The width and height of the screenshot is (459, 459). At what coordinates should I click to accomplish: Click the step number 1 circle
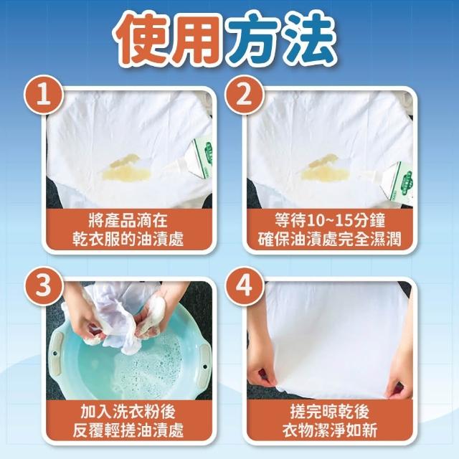tap(44, 95)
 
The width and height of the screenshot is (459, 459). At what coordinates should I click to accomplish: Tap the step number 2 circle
tap(244, 95)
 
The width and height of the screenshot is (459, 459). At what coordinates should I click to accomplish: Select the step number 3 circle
tap(44, 285)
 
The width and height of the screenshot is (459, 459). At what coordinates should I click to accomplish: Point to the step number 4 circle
tap(244, 285)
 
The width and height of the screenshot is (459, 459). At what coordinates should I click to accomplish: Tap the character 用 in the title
tap(199, 39)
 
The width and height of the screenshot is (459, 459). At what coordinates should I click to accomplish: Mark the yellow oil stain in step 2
tap(325, 169)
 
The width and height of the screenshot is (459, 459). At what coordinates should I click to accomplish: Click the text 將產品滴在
tap(128, 220)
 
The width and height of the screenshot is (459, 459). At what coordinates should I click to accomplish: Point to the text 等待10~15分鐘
tap(330, 220)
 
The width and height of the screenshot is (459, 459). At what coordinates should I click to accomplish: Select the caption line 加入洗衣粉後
tap(128, 411)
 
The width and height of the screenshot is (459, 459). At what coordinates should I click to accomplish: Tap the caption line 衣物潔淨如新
tap(330, 430)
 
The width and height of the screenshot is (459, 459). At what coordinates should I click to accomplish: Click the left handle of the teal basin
tap(56, 353)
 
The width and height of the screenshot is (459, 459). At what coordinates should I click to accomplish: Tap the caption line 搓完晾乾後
tap(330, 411)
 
